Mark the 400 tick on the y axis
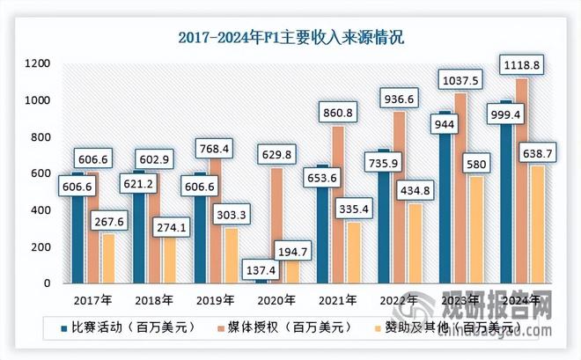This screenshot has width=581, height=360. tap(40, 210)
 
